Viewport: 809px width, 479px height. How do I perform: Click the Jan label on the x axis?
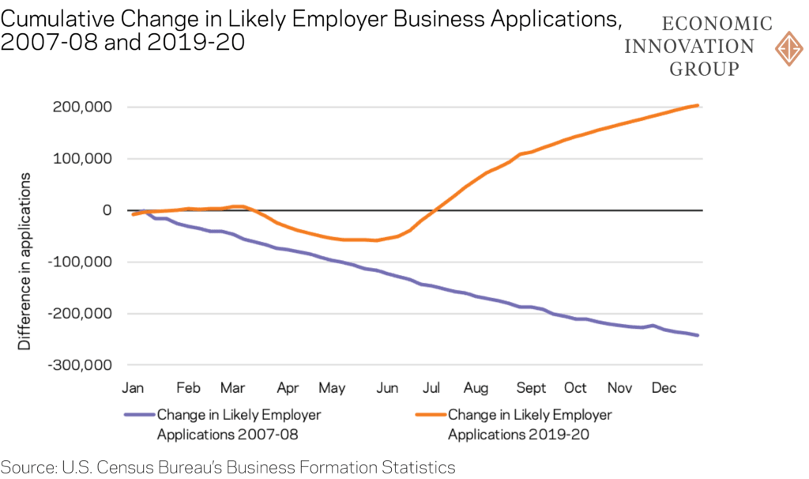click(132, 388)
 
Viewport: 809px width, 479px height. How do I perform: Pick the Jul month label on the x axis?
click(431, 388)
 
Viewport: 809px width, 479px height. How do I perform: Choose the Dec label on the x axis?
click(664, 388)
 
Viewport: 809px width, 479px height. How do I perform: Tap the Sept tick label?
click(531, 388)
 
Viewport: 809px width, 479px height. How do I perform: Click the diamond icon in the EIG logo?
click(789, 48)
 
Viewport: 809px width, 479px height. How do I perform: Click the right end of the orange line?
click(697, 105)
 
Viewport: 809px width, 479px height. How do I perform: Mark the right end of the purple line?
click(697, 335)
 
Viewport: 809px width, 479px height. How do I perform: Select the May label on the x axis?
click(333, 388)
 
